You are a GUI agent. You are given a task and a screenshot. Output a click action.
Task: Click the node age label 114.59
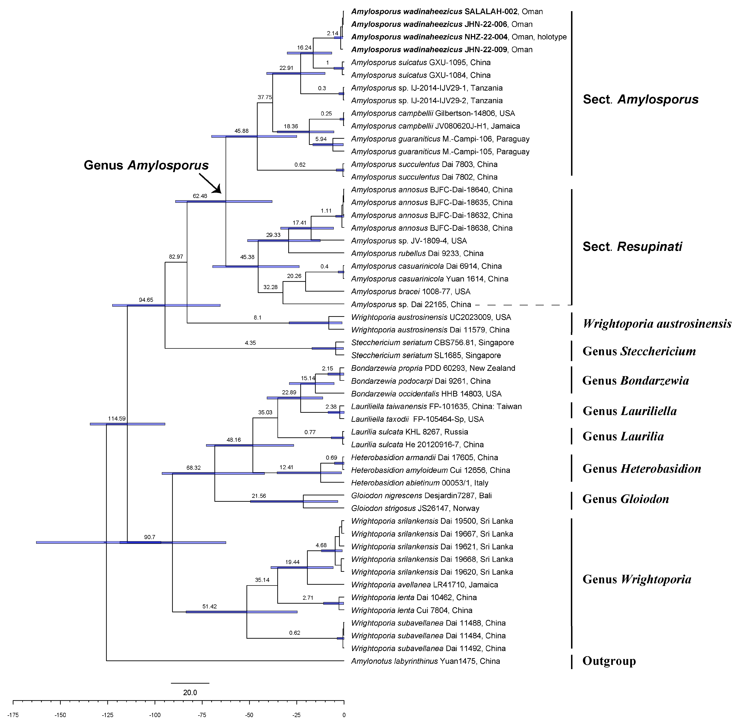(x=117, y=419)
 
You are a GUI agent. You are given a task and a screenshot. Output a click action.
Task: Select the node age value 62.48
(x=200, y=196)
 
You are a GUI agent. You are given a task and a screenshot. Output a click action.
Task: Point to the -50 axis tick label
(x=249, y=715)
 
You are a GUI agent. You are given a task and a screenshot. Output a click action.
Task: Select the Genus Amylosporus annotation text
(x=146, y=165)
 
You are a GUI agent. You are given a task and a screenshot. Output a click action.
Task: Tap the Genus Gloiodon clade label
(x=626, y=499)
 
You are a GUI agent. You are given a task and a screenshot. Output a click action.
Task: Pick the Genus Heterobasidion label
(x=642, y=469)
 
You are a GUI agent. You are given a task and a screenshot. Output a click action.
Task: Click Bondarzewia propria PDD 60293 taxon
(x=433, y=368)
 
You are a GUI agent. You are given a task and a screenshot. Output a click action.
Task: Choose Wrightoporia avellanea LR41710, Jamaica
(x=424, y=585)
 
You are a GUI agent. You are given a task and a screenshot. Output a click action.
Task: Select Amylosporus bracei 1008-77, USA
(x=411, y=292)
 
